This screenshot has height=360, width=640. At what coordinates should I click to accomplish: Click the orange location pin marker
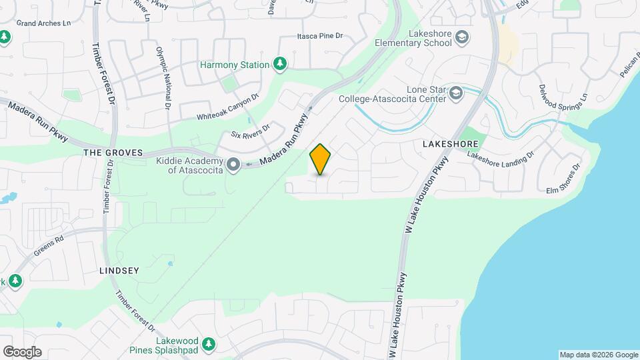[321, 159]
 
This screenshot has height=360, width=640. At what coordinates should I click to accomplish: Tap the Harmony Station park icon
[281, 64]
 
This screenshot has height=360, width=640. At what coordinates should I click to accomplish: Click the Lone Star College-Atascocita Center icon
[456, 93]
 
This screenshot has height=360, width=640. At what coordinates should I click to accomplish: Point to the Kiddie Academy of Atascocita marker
[233, 164]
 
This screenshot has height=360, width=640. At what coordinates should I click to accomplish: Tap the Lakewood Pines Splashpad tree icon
[209, 344]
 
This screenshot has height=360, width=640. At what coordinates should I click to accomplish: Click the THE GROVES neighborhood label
[113, 153]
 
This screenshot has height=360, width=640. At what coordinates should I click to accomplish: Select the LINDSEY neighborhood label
[119, 271]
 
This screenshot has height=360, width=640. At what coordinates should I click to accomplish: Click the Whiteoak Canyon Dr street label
[227, 107]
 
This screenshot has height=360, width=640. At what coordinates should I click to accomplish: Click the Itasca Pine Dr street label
[319, 37]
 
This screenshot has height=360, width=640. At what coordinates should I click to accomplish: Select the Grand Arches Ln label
[43, 23]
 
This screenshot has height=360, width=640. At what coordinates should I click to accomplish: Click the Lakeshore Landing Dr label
[501, 155]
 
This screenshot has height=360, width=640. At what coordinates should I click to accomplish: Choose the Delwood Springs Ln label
[563, 97]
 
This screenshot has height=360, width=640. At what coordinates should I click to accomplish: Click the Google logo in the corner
[22, 352]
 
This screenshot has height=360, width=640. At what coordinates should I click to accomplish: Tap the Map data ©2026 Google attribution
[598, 355]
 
